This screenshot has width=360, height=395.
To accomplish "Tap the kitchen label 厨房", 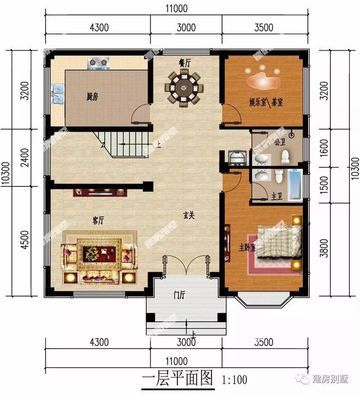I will [92, 97].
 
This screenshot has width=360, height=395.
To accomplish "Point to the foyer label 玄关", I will [189, 215].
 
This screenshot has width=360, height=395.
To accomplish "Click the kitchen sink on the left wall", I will [57, 94].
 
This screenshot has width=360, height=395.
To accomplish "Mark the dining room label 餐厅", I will [184, 64].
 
